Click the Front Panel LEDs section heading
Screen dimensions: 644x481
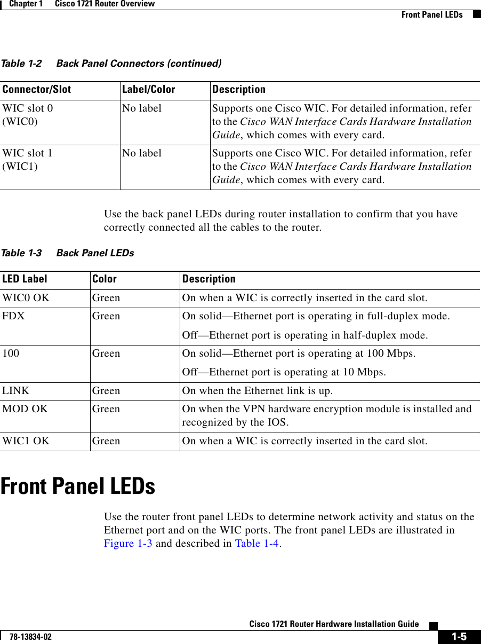(78, 486)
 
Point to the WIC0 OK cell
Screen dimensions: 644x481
(26, 298)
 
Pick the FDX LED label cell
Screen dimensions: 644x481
(14, 316)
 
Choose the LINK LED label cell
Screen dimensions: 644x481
(16, 391)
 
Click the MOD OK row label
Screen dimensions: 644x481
(25, 409)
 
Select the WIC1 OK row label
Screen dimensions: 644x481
(26, 441)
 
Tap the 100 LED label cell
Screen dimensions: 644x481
(11, 354)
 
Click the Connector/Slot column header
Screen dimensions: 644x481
(36, 89)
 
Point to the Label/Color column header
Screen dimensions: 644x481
(148, 89)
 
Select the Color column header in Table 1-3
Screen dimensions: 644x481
(105, 279)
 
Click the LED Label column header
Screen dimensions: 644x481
(24, 279)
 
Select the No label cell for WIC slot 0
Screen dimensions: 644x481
(142, 108)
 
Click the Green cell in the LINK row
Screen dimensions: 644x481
(106, 391)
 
